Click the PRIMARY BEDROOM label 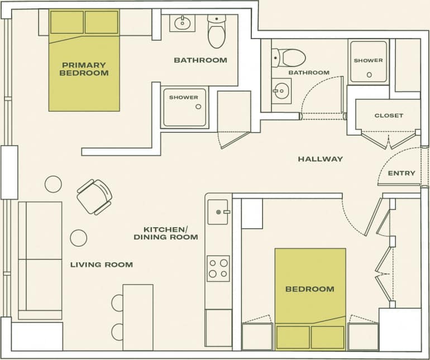pos(84,69)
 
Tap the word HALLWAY pos(320,159)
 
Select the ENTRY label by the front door pos(401,173)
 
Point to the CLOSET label pos(388,116)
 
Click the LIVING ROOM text pos(101,264)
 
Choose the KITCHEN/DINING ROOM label pos(165,233)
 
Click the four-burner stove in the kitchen pos(218,268)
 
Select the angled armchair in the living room pos(94,196)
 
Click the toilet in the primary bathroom pos(216,31)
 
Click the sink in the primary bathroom pos(182,23)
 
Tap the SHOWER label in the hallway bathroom pos(368,60)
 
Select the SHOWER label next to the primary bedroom pos(183,98)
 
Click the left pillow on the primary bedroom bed pos(66,22)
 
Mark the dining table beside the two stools pos(137,316)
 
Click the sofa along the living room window pos(40,260)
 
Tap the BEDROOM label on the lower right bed pos(309,289)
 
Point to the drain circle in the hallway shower pos(369,74)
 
